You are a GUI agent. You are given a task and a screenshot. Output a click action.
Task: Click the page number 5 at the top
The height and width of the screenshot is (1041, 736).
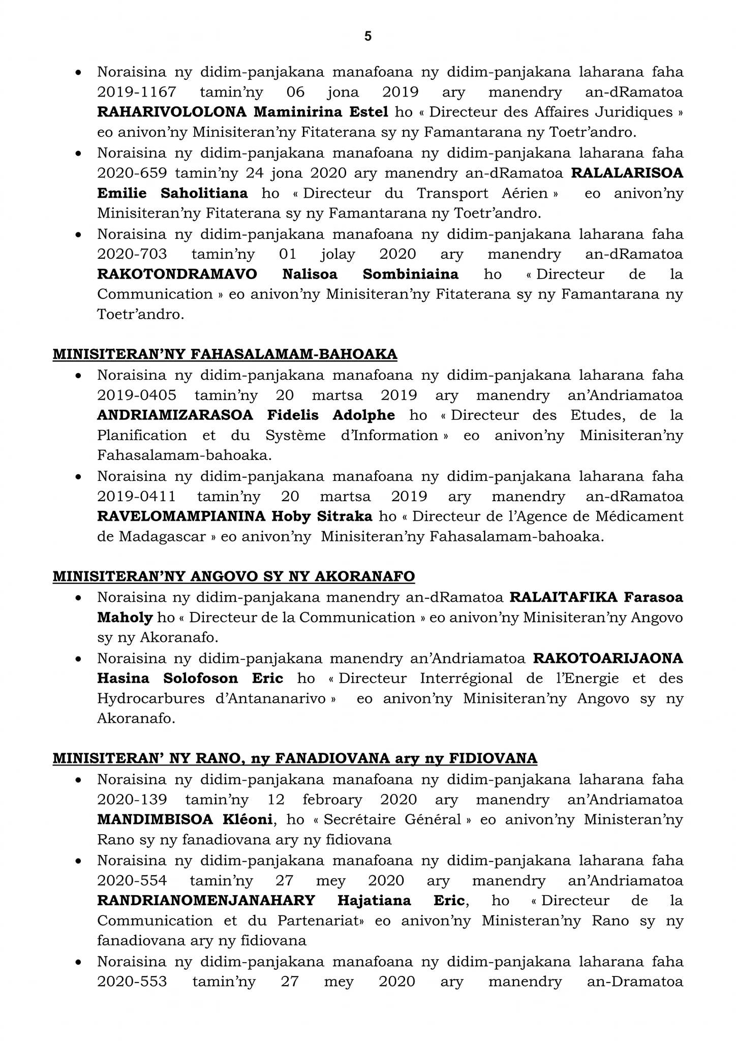pyautogui.click(x=368, y=36)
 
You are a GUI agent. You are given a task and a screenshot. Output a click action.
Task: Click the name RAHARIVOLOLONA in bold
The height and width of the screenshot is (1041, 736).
pyautogui.click(x=172, y=112)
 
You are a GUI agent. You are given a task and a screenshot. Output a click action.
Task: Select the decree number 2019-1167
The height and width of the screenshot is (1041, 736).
pyautogui.click(x=137, y=92)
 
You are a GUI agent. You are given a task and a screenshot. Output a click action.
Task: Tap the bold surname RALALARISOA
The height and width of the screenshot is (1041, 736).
pyautogui.click(x=627, y=173)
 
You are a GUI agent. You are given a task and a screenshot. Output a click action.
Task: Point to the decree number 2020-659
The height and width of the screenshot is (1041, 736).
pyautogui.click(x=132, y=173)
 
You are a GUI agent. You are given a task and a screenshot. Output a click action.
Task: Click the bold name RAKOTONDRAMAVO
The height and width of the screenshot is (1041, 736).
pyautogui.click(x=177, y=274)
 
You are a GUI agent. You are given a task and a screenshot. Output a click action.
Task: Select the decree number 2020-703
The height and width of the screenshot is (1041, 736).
pyautogui.click(x=132, y=254)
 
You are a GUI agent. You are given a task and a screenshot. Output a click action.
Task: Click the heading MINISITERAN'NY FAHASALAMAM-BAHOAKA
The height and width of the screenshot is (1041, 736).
pyautogui.click(x=225, y=354)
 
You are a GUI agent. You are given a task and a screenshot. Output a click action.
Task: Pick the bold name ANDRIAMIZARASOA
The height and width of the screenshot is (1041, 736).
pyautogui.click(x=175, y=415)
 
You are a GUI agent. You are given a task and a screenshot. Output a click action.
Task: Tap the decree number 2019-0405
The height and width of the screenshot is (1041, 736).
pyautogui.click(x=137, y=395)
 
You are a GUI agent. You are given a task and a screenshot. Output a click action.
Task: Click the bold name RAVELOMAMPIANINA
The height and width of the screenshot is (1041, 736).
pyautogui.click(x=181, y=516)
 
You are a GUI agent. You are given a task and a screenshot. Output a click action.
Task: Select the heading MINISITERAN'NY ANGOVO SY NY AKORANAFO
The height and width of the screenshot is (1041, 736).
pyautogui.click(x=234, y=576)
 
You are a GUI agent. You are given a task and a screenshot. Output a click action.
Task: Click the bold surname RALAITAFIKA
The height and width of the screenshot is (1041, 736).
pyautogui.click(x=563, y=597)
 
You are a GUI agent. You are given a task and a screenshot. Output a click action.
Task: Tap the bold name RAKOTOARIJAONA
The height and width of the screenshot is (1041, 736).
pyautogui.click(x=608, y=658)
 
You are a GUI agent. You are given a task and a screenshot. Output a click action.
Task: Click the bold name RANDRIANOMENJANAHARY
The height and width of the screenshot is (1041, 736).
pyautogui.click(x=206, y=900)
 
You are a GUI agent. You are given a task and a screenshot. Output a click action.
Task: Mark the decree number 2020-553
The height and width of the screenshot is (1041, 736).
pyautogui.click(x=132, y=981)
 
